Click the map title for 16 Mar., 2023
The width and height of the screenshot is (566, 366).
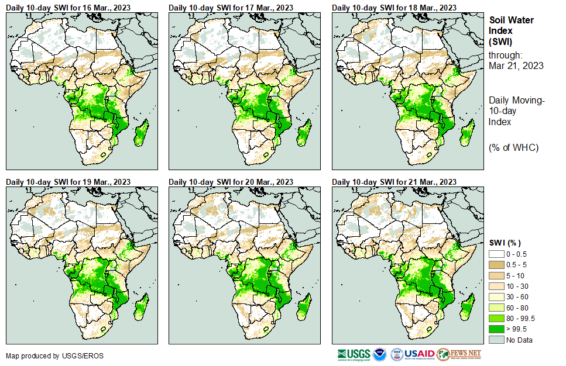click(x=68, y=7)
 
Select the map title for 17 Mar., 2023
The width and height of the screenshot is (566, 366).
click(x=231, y=7)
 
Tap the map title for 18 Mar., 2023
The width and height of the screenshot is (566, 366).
click(x=394, y=7)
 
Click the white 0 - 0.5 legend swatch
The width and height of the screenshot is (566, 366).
click(x=498, y=254)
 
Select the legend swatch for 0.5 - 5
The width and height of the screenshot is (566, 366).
click(x=498, y=264)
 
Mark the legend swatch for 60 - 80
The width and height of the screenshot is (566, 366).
click(x=498, y=308)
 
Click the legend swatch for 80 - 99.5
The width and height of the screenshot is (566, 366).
click(x=498, y=318)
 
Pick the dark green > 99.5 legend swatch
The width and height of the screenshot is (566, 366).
click(x=498, y=329)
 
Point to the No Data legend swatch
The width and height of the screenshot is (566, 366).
click(x=498, y=340)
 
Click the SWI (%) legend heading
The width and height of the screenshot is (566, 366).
click(x=505, y=243)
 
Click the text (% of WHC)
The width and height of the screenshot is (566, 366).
click(x=513, y=147)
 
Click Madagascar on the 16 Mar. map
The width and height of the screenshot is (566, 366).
click(x=141, y=134)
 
